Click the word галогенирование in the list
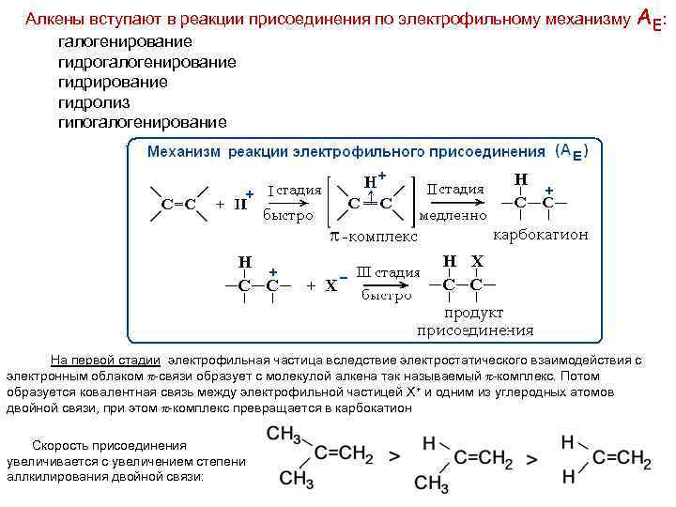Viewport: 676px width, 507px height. [125, 42]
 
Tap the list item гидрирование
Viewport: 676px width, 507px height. [113, 82]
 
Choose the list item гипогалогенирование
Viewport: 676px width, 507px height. [142, 122]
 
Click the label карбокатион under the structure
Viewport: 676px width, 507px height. [540, 235]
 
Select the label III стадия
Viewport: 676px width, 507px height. [389, 273]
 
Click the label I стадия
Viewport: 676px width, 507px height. [295, 191]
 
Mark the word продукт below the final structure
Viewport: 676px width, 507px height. [474, 313]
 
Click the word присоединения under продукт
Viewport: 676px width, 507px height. [475, 330]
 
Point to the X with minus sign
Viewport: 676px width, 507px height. [333, 284]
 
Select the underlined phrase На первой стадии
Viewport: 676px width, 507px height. [104, 360]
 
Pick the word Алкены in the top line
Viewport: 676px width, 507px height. [53, 19]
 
